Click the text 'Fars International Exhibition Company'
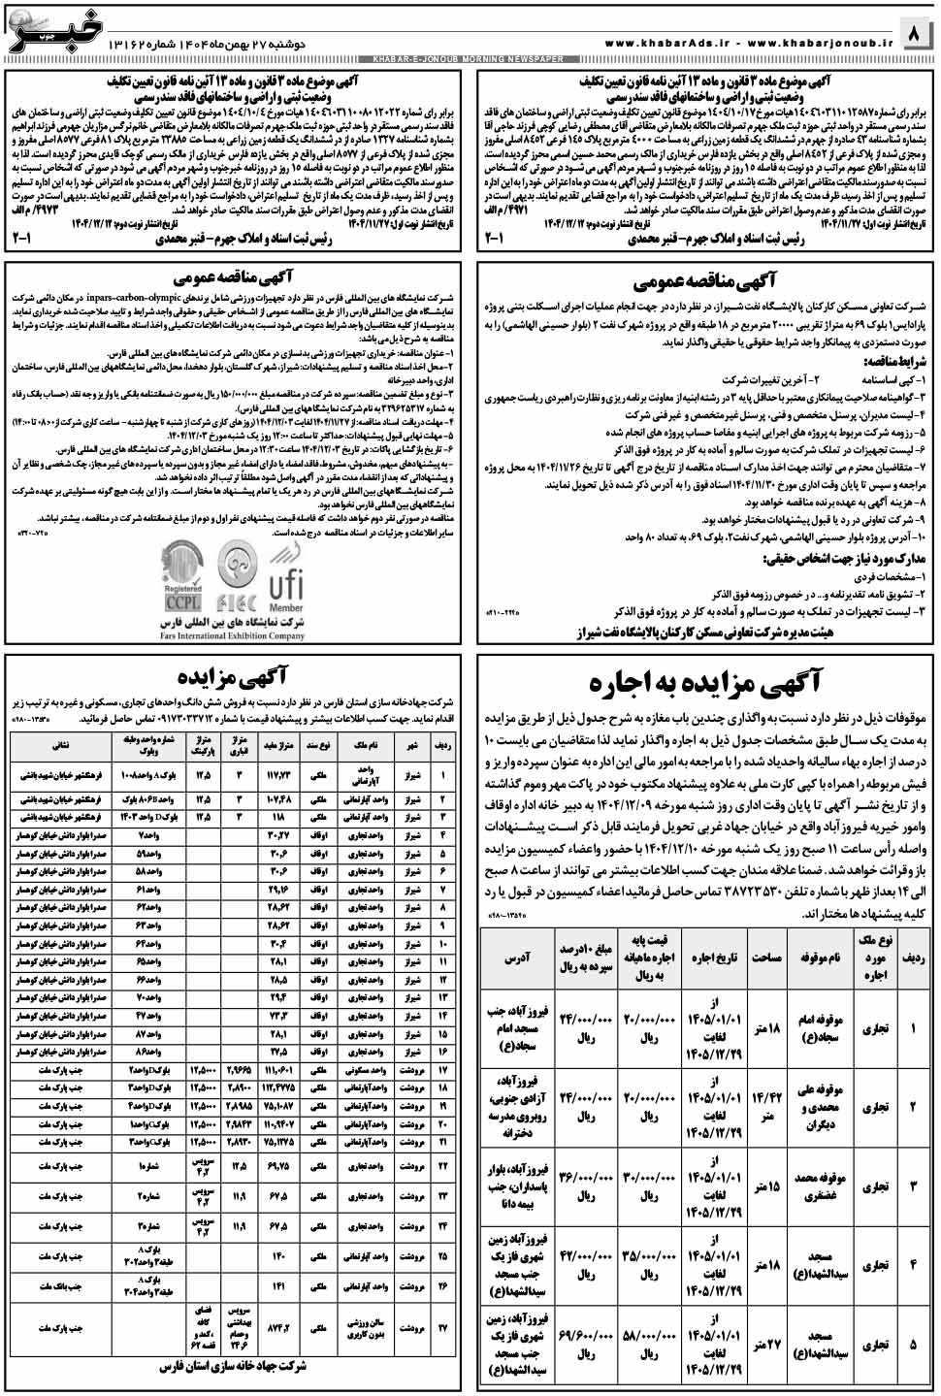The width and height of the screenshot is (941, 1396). point(233,636)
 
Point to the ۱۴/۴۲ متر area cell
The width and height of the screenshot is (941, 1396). point(766,1107)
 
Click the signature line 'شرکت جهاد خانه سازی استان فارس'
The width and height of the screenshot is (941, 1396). point(233,1366)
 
